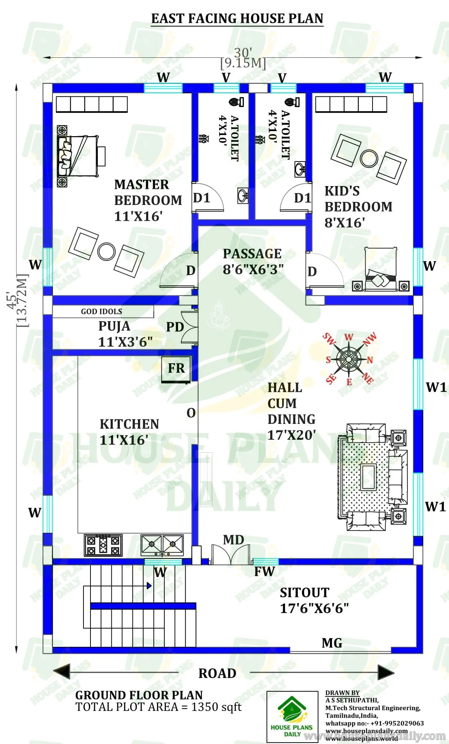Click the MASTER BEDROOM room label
tap(148, 200)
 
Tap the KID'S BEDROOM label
tap(358, 206)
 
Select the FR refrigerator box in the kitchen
tap(176, 369)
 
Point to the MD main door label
tap(234, 540)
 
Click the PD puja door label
tap(175, 327)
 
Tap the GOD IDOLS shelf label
tap(102, 312)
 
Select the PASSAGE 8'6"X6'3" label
tap(253, 261)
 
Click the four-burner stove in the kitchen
tap(103, 545)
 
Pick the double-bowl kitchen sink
tap(162, 544)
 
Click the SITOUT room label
tap(314, 600)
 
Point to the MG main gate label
tap(332, 643)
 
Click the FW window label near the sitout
tap(264, 572)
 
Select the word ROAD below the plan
tap(217, 673)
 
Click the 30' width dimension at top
tap(243, 53)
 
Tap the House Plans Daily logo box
tap(292, 716)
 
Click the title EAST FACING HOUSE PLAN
tap(237, 18)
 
